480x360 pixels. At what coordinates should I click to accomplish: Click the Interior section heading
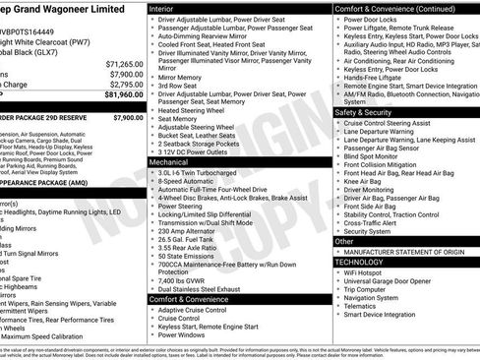(x=161, y=7)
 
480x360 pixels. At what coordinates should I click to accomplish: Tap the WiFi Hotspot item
(x=368, y=272)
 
